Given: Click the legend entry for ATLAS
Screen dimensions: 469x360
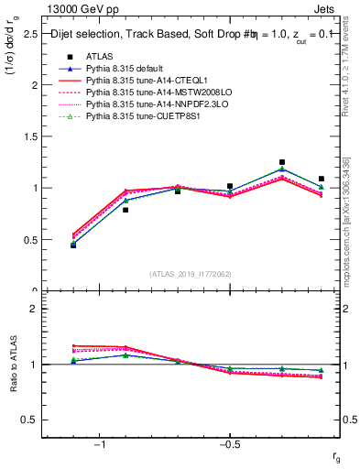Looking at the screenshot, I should pos(99,57).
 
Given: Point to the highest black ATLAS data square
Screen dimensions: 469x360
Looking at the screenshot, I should pos(282,162).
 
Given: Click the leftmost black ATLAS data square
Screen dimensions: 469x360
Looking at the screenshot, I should pos(73,245).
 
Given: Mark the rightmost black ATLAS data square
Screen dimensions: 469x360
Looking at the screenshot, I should pos(321,179).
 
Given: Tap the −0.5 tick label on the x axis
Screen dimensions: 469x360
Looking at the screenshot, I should pos(229,444).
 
